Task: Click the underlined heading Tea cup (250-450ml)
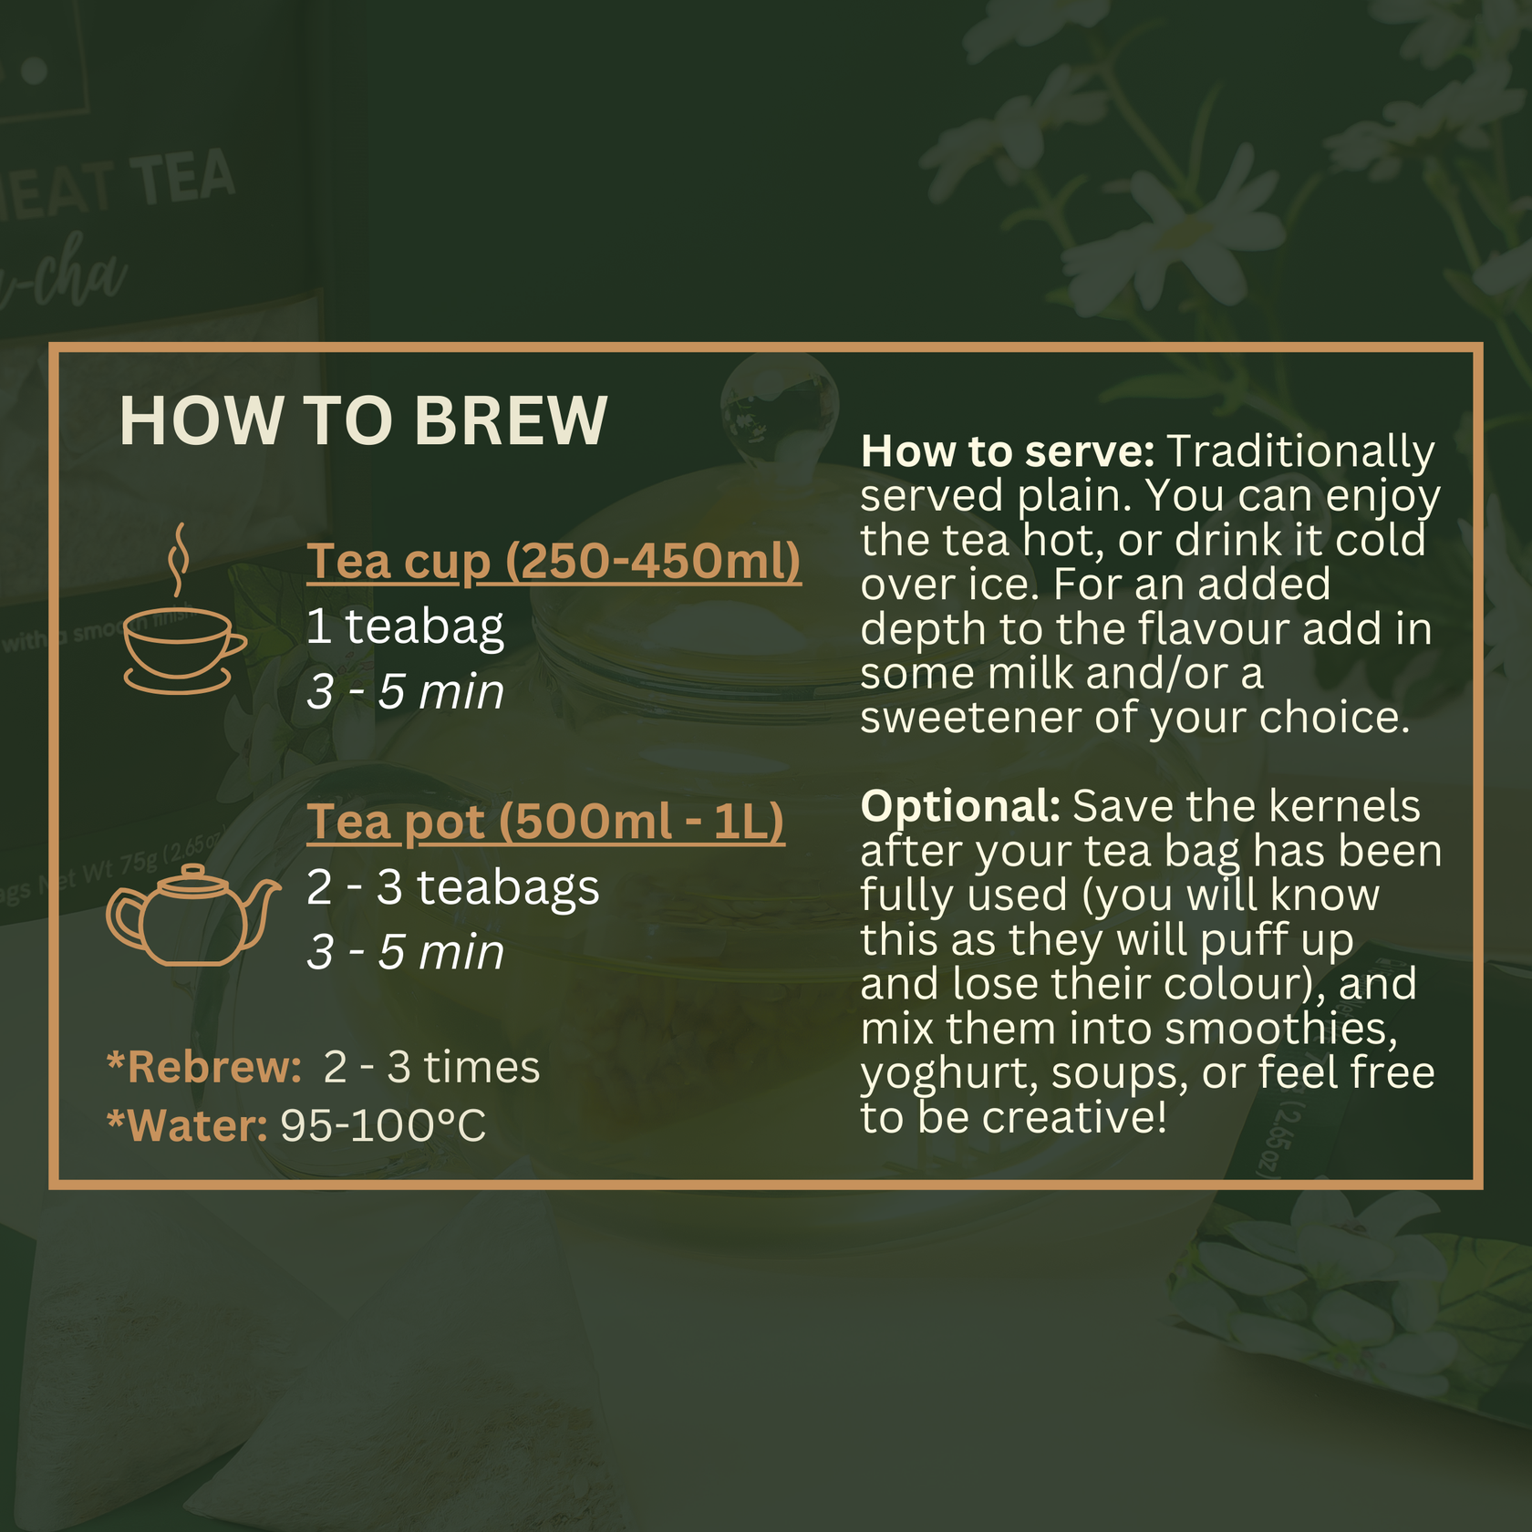tap(554, 561)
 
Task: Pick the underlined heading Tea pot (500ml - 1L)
tap(545, 822)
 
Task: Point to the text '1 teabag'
tap(405, 626)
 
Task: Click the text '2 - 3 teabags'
tap(452, 887)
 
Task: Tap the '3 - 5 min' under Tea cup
tap(405, 691)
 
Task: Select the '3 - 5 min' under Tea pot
tap(405, 952)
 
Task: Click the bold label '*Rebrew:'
tap(204, 1067)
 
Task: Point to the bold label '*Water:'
tap(187, 1125)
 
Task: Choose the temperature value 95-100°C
tap(383, 1125)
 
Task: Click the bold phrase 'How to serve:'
tap(1008, 451)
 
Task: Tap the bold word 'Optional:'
tap(960, 806)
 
